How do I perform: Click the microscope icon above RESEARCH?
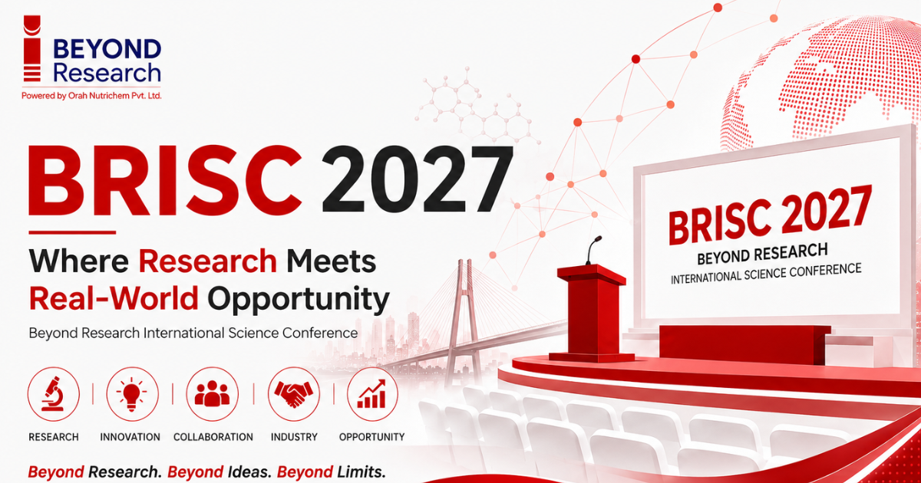(x=54, y=394)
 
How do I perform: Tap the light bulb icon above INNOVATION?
(x=131, y=394)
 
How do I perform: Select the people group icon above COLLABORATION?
(x=212, y=393)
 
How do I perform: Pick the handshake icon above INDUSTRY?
(x=293, y=394)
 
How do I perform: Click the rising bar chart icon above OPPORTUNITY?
(x=372, y=394)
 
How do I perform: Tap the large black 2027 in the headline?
(x=418, y=179)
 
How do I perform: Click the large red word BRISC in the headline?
(x=165, y=180)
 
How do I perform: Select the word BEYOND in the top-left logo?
(x=107, y=49)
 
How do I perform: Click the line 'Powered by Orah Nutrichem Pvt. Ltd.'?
(x=91, y=96)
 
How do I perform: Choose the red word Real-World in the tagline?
(x=114, y=298)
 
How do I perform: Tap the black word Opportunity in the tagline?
(x=299, y=301)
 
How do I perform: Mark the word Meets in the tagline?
(x=332, y=261)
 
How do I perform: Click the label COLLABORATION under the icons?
(x=213, y=437)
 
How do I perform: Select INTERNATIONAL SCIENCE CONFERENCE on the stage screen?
(x=766, y=274)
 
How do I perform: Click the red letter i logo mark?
(x=32, y=48)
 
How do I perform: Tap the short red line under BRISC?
(x=72, y=232)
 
